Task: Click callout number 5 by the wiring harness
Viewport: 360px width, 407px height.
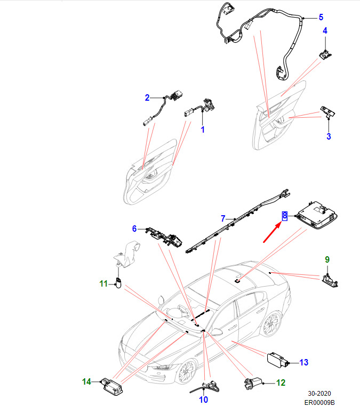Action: (321, 17)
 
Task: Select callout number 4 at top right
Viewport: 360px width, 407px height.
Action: (325, 31)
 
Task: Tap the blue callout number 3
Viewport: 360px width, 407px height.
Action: (329, 136)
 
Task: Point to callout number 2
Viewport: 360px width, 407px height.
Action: (147, 97)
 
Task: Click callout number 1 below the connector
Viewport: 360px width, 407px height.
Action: (203, 129)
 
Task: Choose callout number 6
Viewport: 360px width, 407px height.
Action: (135, 229)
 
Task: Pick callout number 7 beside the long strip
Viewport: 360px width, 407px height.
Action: (224, 218)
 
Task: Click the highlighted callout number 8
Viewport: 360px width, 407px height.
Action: (285, 215)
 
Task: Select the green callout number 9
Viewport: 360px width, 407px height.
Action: (327, 259)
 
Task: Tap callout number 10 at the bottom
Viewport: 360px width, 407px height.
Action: (203, 400)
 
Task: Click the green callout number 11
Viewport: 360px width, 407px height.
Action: (104, 283)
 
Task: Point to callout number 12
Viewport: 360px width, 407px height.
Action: (281, 382)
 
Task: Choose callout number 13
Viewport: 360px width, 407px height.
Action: (303, 363)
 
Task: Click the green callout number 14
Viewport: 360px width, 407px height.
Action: (86, 381)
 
